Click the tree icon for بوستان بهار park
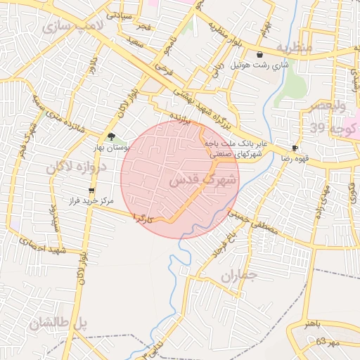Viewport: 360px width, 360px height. [111, 137]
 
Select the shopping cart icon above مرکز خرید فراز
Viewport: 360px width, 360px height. [91, 191]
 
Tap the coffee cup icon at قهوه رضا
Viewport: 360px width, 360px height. [294, 148]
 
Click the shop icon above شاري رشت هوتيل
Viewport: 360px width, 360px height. [259, 54]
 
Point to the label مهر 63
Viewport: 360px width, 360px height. [327, 342]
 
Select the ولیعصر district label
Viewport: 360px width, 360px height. [328, 106]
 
